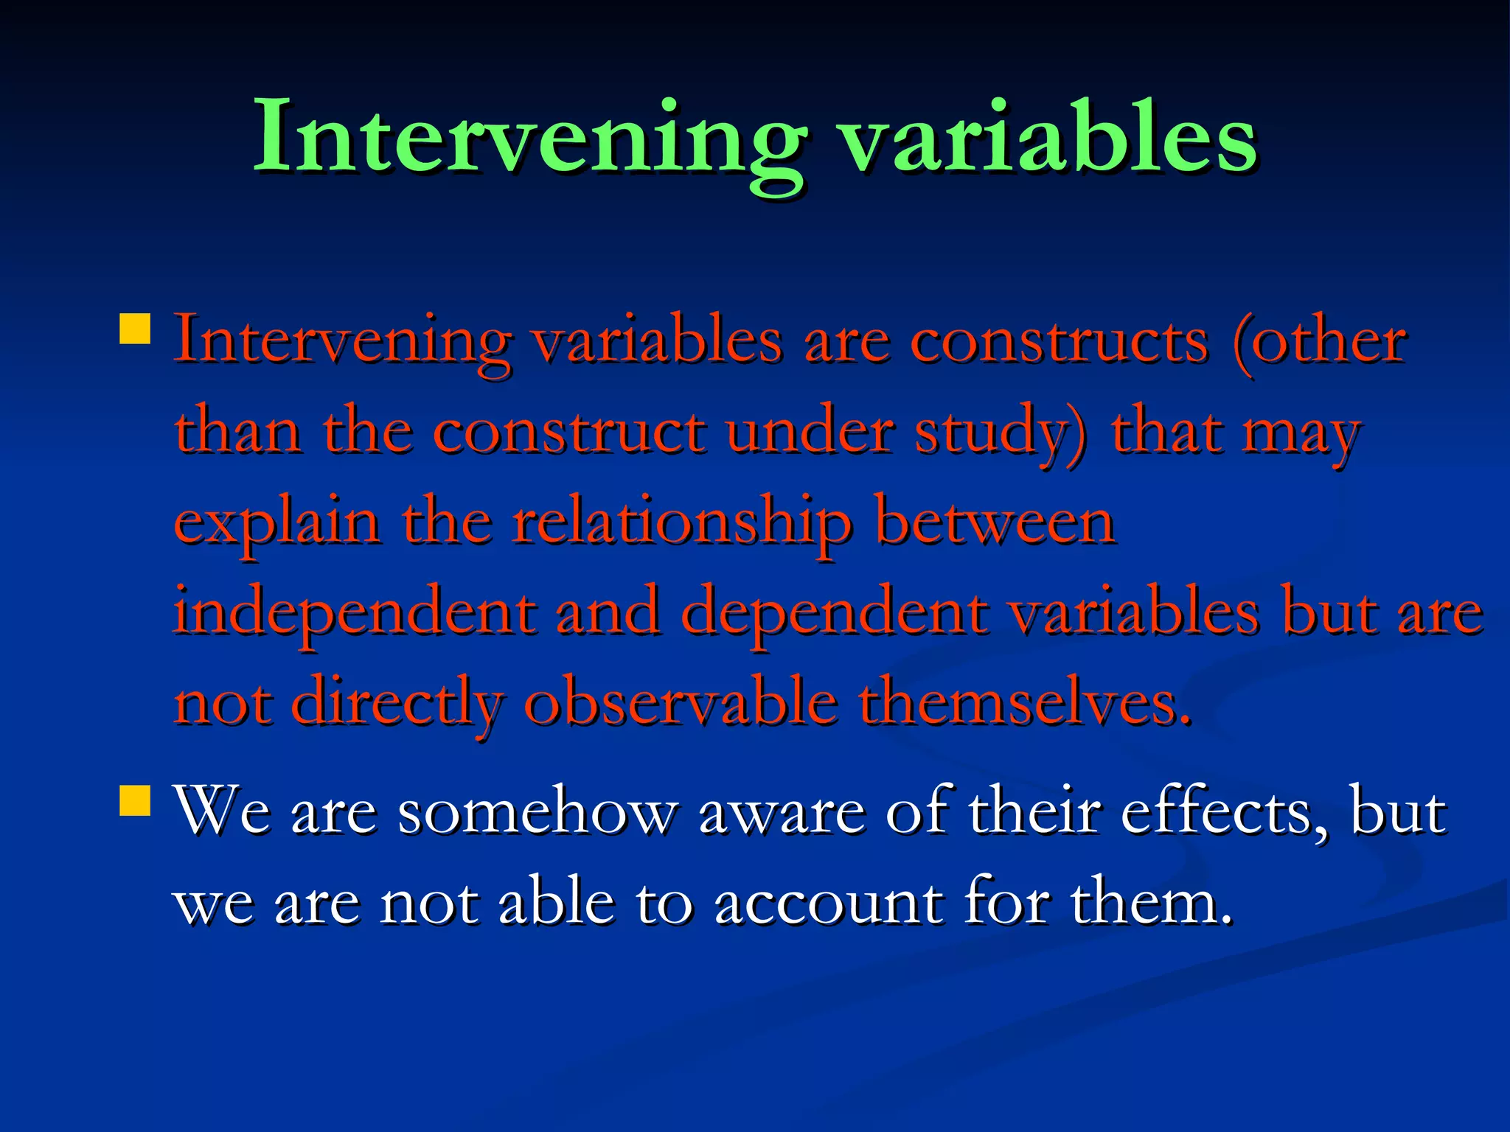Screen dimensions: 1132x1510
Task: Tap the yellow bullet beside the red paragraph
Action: [135, 329]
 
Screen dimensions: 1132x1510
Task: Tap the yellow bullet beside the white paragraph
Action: [135, 800]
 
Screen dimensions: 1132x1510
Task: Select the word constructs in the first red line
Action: [1060, 343]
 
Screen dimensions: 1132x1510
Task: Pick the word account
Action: [828, 904]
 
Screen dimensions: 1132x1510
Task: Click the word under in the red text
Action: [809, 433]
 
